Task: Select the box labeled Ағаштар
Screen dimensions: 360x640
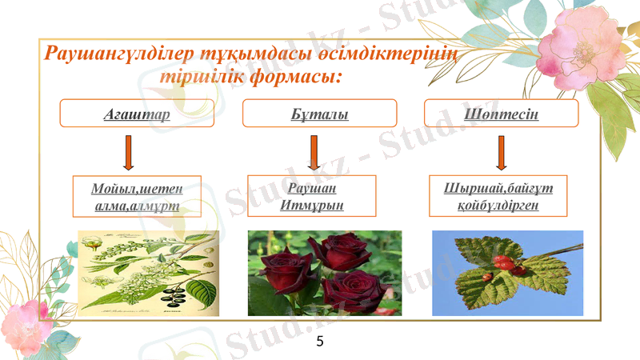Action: tap(138, 114)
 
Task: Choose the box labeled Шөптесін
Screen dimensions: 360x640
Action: tap(501, 114)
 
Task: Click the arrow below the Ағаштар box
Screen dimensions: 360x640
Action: tap(128, 153)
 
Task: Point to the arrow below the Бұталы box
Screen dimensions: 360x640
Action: tap(314, 153)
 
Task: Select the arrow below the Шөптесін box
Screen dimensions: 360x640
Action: tap(502, 153)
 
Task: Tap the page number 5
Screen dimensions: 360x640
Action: tap(320, 342)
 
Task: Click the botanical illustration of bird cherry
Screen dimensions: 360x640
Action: tap(148, 272)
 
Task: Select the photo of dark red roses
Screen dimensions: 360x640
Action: tap(324, 273)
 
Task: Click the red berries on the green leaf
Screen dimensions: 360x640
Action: tap(506, 264)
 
